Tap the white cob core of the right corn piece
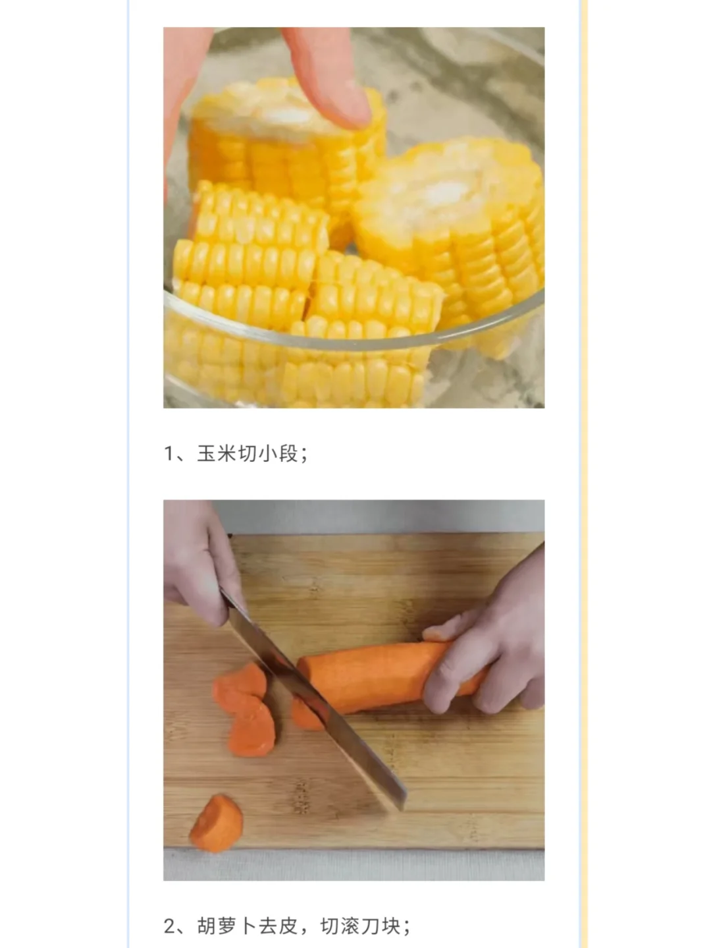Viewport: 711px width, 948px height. [x=444, y=192]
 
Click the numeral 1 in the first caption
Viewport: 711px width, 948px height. [x=169, y=454]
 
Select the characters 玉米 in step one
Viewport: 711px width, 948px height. [x=217, y=454]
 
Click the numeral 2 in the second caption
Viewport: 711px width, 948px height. [x=170, y=926]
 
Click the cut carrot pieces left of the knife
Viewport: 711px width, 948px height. [x=244, y=708]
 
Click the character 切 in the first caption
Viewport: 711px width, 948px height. [x=248, y=454]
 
